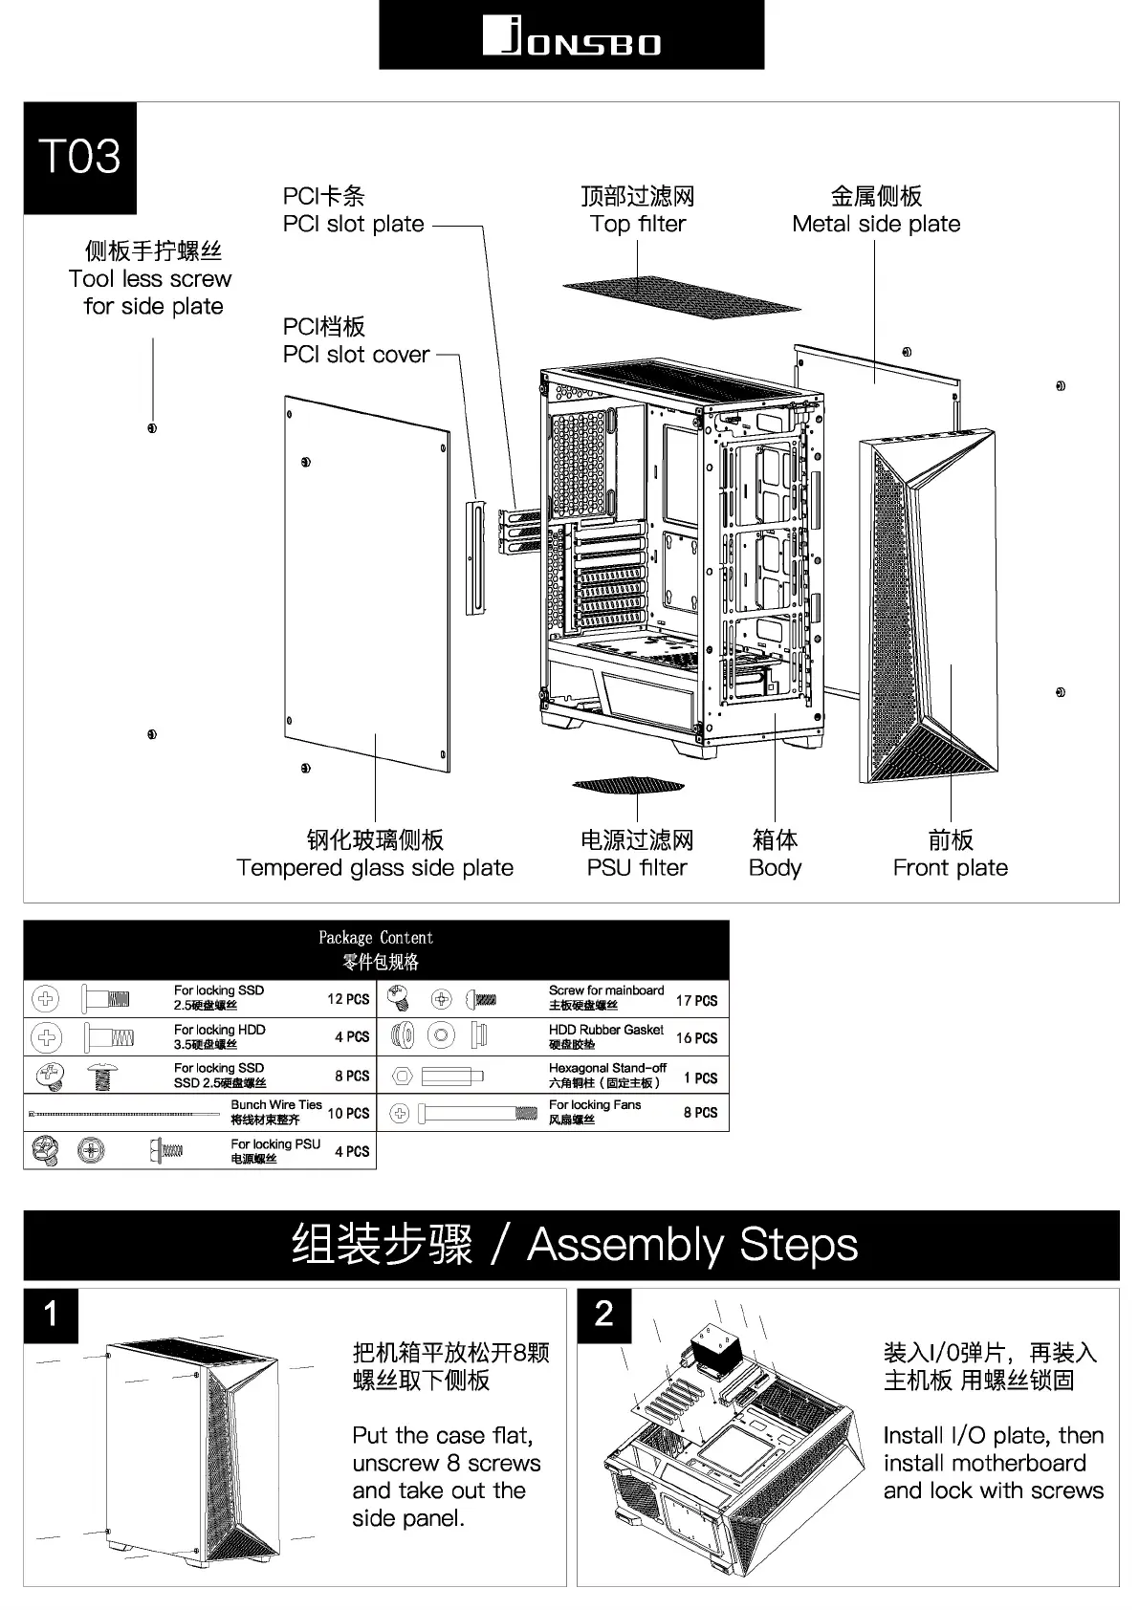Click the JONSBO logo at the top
pos(571,36)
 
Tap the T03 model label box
pos(80,158)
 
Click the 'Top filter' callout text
pos(638,224)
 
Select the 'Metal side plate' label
pos(876,224)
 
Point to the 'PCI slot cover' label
pos(356,355)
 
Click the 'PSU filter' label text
pos(637,868)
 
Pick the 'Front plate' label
pos(950,868)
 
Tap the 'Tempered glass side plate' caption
pos(375,868)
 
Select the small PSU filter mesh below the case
pos(629,786)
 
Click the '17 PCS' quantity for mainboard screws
pos(696,1001)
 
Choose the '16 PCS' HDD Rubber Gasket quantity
pos(696,1038)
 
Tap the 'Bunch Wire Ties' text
pos(276,1105)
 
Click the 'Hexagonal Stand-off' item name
pos(607,1068)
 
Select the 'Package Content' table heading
pos(376,938)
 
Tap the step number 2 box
pos(603,1315)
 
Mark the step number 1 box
pos(51,1315)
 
